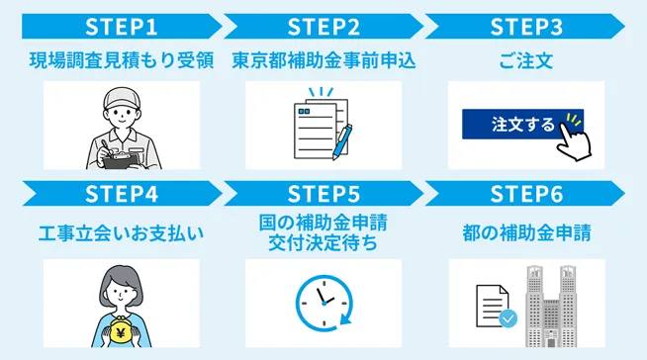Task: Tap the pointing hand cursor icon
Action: tap(573, 136)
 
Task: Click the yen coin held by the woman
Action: tap(126, 331)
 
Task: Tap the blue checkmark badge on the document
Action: tap(508, 318)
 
